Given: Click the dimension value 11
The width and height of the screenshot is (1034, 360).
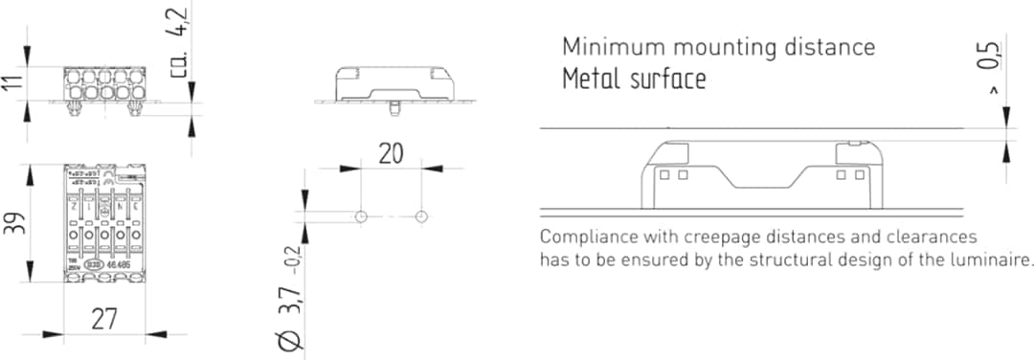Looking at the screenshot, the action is point(11,84).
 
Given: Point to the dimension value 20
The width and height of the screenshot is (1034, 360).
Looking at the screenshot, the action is point(391,154).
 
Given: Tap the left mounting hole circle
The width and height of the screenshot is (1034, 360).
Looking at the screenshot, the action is point(360,216).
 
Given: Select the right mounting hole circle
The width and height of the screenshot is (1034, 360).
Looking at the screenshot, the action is point(421,216).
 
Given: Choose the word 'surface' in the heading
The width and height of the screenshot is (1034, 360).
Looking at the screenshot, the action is point(667,79).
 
